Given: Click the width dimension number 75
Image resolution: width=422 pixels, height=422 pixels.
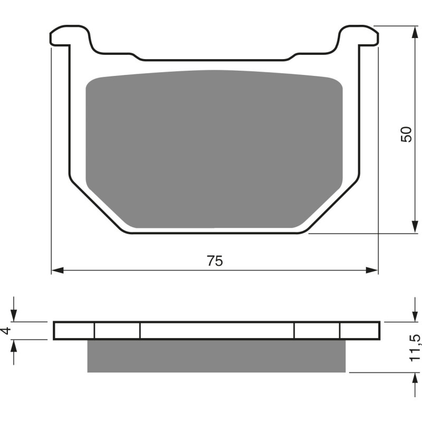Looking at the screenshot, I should [x=215, y=261].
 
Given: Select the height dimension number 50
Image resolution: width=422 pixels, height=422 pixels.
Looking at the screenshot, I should [x=406, y=134].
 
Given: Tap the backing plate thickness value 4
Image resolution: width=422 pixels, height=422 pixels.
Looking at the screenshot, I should [x=6, y=331].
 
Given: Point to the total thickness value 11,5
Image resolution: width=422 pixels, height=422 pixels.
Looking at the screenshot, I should [x=415, y=348].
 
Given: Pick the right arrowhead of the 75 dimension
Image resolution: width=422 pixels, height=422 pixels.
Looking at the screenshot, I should [x=373, y=270].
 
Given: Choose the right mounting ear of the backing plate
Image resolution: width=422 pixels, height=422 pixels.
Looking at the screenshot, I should [x=360, y=36].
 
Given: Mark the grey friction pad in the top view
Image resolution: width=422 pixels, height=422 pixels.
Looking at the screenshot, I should [x=214, y=148].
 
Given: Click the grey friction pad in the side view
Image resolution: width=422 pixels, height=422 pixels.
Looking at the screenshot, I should [x=216, y=356].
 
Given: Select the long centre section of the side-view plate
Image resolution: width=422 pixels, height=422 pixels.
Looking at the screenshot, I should [x=216, y=330].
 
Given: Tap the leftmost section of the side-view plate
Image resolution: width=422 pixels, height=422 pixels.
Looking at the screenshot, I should [x=74, y=330].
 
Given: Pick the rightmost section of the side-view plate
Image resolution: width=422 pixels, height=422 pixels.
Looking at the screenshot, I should [x=359, y=330].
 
